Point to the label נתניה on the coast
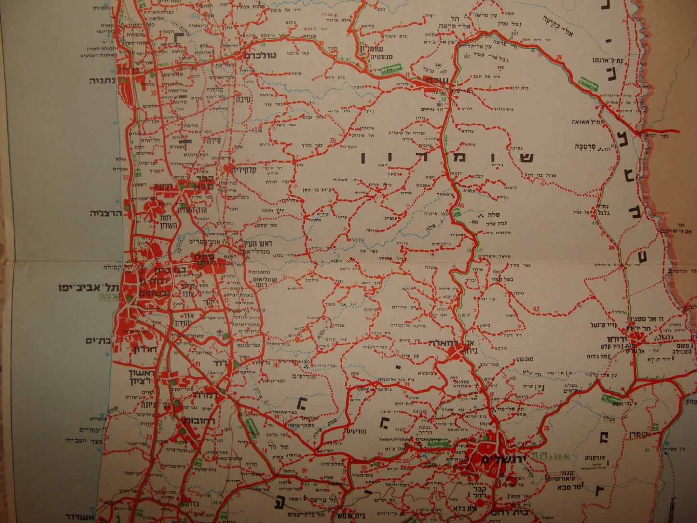100,81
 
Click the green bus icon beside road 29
588,85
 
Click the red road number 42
537,308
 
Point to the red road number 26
546,427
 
